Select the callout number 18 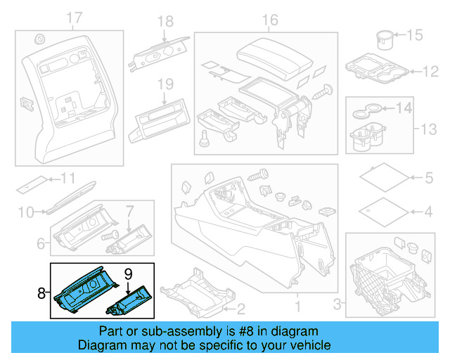(165, 22)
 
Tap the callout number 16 (270, 20)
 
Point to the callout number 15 (416, 34)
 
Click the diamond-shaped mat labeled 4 (380, 210)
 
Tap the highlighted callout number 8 (41, 290)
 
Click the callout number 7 (129, 210)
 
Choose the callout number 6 (41, 244)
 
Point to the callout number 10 (25, 211)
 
